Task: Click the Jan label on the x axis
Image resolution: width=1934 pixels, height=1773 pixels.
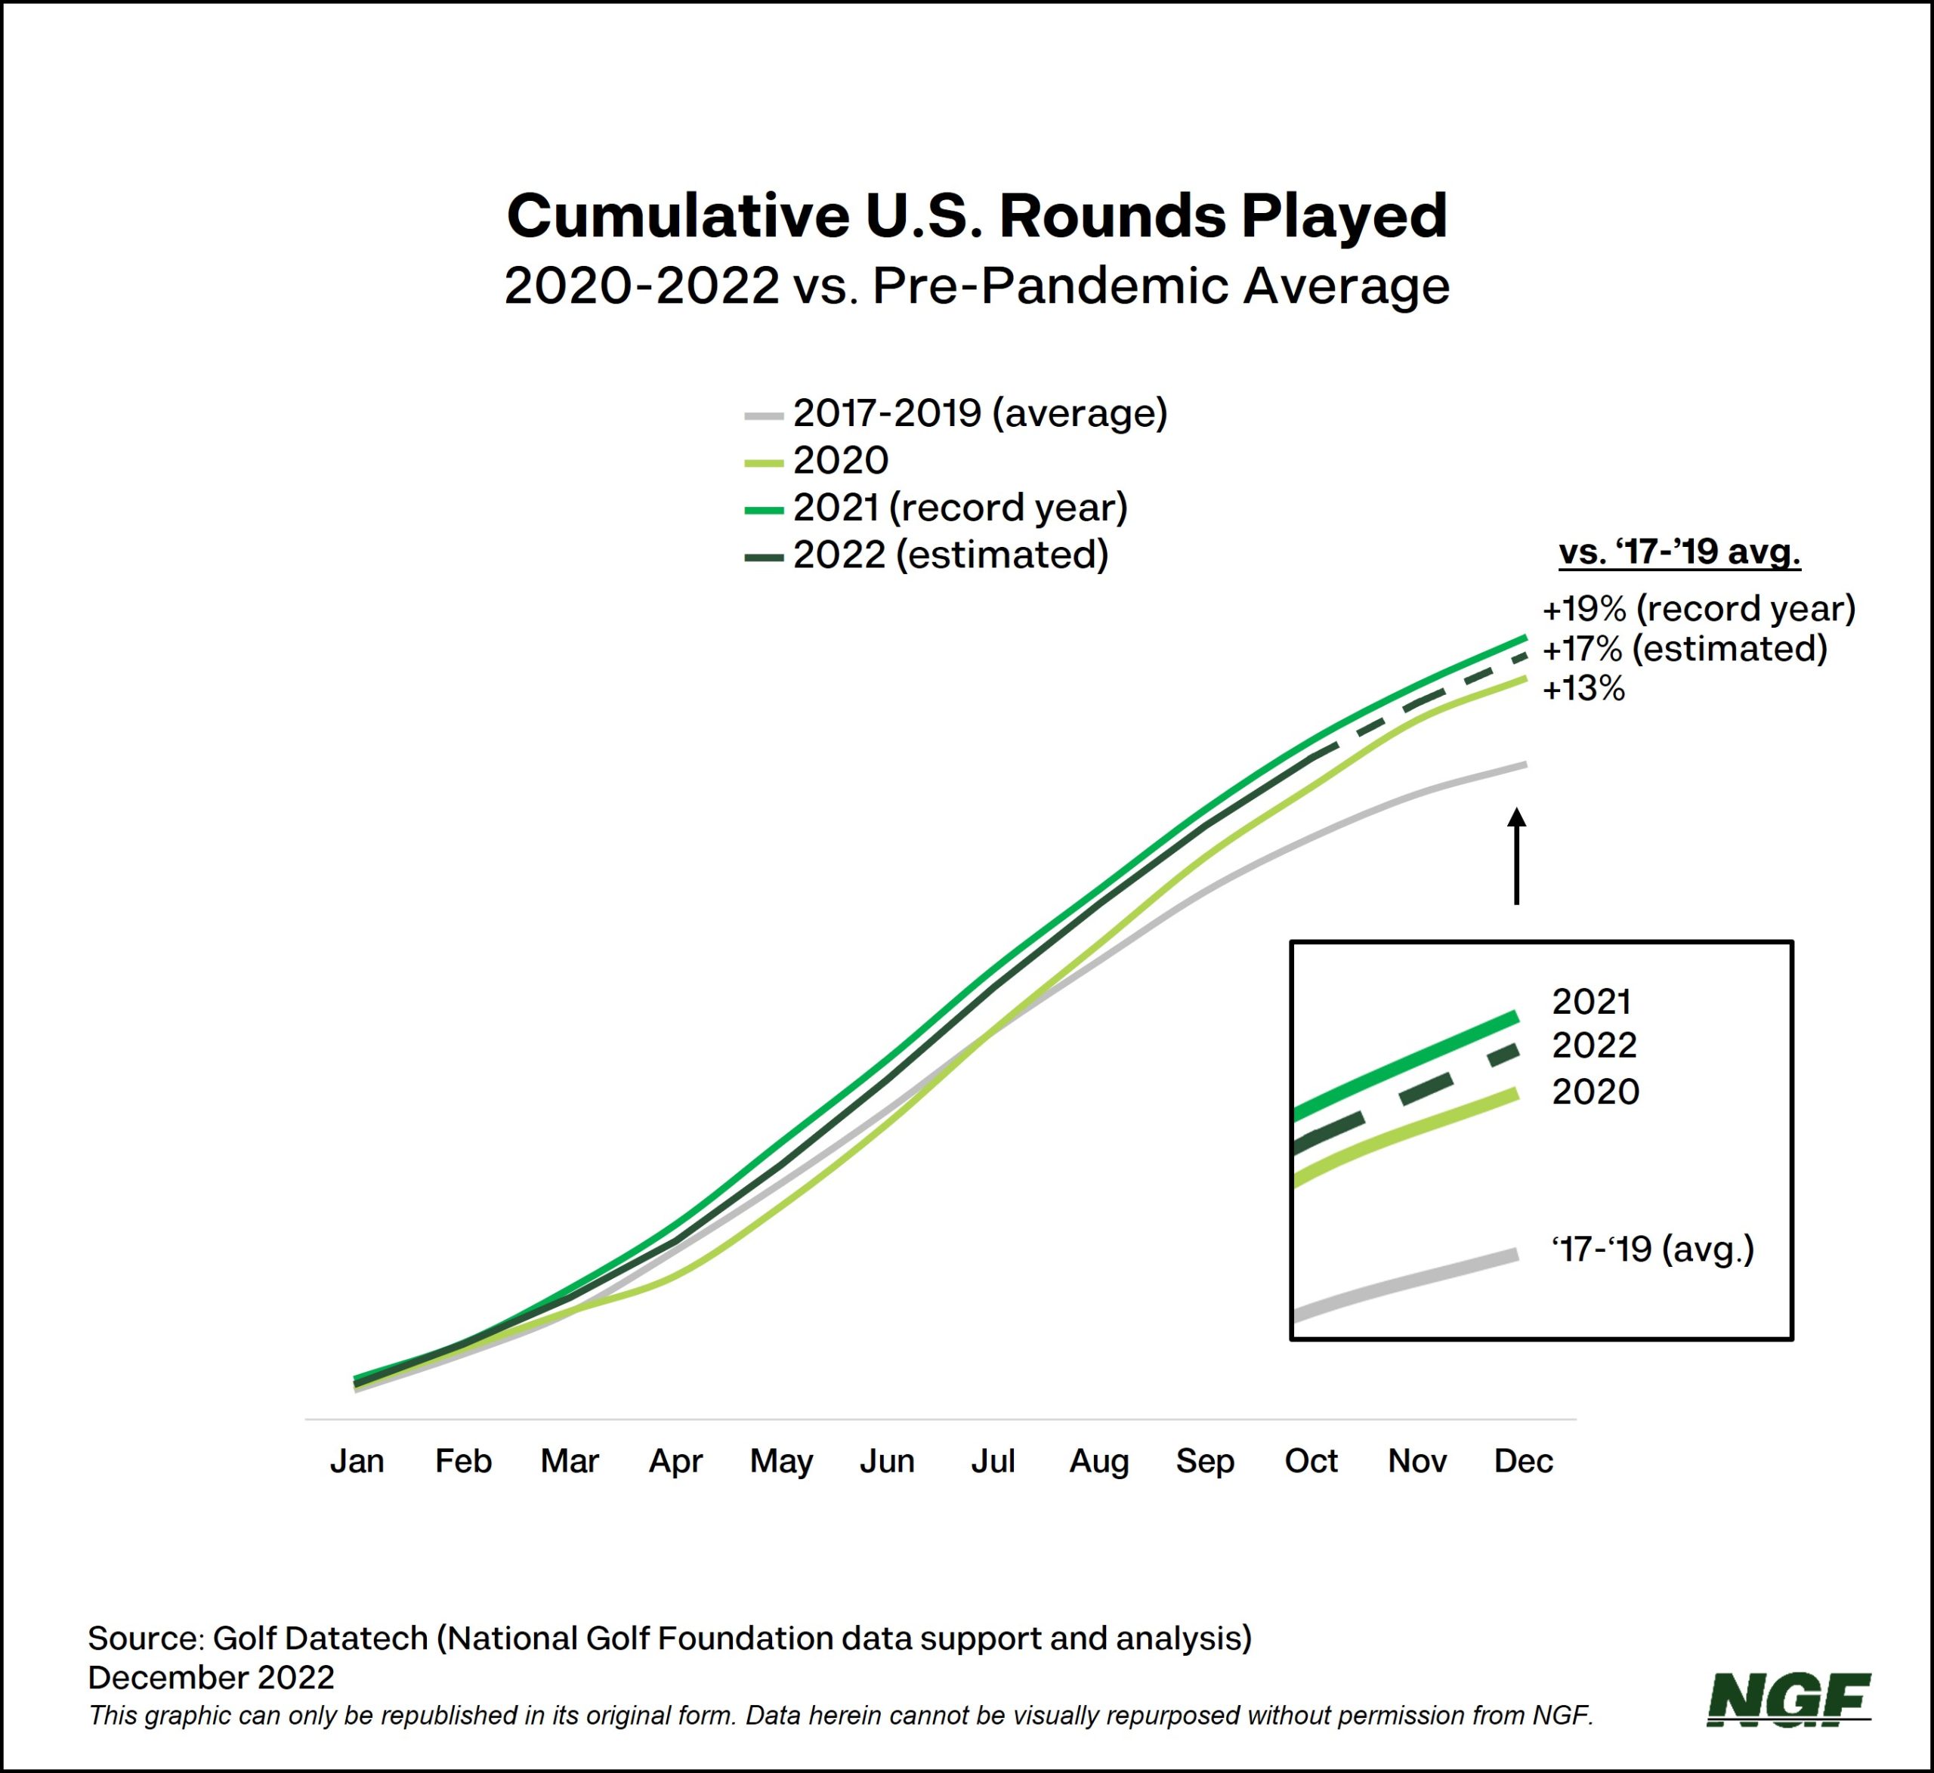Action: pos(357,1461)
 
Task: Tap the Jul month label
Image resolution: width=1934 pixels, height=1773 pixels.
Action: pos(992,1461)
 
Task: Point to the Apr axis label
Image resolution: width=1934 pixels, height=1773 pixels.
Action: pos(675,1461)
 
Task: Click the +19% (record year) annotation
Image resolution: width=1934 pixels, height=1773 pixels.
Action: pos(1698,608)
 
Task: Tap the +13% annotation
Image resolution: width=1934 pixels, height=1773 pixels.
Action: pos(1583,689)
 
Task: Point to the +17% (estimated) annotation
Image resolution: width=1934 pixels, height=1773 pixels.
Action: pos(1684,649)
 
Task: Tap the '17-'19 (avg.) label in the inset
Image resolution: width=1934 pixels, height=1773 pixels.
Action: pos(1652,1249)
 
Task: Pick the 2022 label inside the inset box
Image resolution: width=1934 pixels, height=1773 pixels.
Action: pos(1593,1045)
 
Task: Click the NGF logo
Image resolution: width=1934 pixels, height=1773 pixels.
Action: pos(1789,1699)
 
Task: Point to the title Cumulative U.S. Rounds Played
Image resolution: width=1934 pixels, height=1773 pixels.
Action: pos(977,216)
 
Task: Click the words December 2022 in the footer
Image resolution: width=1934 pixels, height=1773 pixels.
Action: pos(211,1677)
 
